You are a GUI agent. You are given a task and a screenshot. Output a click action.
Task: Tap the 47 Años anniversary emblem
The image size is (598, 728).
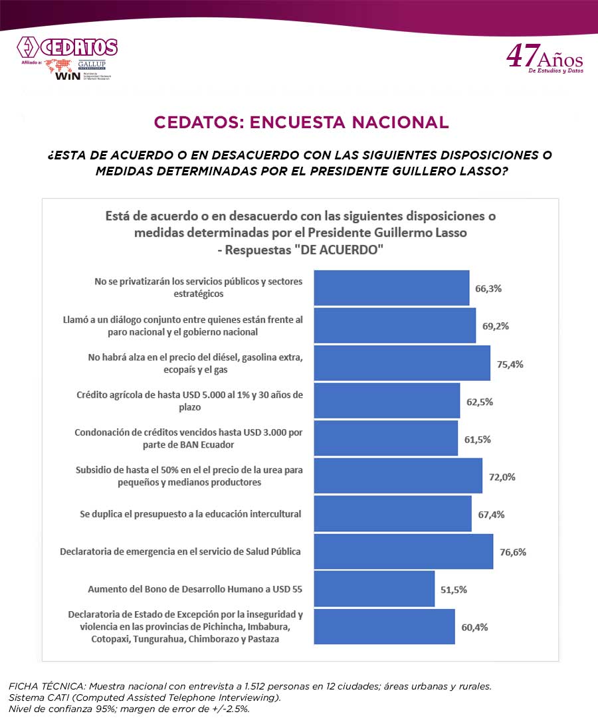[x=544, y=58]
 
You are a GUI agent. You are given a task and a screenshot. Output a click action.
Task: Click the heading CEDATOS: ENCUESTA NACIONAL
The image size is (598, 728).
[x=301, y=122]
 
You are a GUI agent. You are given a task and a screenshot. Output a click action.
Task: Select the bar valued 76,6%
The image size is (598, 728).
[x=403, y=551]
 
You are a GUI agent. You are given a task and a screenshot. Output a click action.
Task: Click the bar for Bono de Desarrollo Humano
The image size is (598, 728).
[x=373, y=589]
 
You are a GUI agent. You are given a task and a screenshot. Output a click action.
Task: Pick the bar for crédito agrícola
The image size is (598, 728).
[x=386, y=401]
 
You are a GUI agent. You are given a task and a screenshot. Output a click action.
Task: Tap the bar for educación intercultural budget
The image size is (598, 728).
[x=392, y=513]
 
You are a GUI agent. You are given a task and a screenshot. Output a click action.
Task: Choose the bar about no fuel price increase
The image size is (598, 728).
[x=401, y=363]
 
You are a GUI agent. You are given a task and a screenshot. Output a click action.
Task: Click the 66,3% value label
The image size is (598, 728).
[x=488, y=289]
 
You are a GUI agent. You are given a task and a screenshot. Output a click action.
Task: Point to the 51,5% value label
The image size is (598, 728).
[x=454, y=589]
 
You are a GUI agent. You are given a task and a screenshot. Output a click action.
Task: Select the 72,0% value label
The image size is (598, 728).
[x=502, y=477]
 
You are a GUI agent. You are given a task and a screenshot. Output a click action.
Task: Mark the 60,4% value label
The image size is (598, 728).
[x=474, y=626]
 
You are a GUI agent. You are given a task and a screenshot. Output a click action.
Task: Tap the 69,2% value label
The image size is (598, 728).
[x=494, y=326]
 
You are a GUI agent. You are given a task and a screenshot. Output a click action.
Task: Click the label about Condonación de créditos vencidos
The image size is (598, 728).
[x=189, y=438]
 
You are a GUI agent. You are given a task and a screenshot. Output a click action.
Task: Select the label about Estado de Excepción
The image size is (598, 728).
[x=185, y=626]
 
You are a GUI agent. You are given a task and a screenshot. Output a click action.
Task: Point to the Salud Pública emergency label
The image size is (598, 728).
[x=180, y=551]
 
